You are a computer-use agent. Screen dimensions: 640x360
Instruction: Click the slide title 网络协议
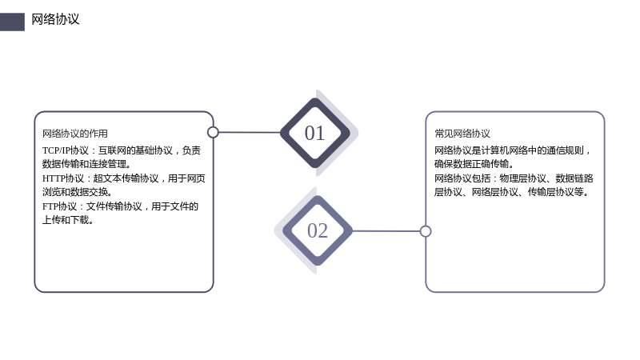pyautogui.click(x=55, y=19)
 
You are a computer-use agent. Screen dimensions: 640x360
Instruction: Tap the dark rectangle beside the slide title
pyautogui.click(x=12, y=22)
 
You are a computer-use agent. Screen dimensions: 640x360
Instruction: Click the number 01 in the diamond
pyautogui.click(x=314, y=133)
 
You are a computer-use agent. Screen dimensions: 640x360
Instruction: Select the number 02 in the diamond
pyautogui.click(x=318, y=230)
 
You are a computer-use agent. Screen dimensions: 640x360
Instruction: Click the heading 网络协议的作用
pyautogui.click(x=75, y=134)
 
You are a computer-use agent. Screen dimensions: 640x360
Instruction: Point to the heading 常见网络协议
pyautogui.click(x=462, y=134)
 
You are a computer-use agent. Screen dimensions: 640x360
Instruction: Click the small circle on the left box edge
pyautogui.click(x=213, y=132)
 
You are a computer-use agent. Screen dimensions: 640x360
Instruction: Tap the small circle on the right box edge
pyautogui.click(x=426, y=231)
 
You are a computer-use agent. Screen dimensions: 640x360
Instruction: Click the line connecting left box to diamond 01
pyautogui.click(x=250, y=132)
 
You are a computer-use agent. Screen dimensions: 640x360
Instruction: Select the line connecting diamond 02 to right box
pyautogui.click(x=386, y=231)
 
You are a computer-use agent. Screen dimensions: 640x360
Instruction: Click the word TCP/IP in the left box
pyautogui.click(x=56, y=150)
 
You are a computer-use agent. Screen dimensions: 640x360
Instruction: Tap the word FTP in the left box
pyautogui.click(x=50, y=206)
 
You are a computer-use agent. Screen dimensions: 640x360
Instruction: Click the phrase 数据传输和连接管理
pyautogui.click(x=85, y=164)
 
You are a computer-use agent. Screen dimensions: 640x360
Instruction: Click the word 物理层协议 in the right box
pyautogui.click(x=523, y=178)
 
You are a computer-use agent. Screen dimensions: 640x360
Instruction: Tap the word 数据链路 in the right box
pyautogui.click(x=574, y=178)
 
